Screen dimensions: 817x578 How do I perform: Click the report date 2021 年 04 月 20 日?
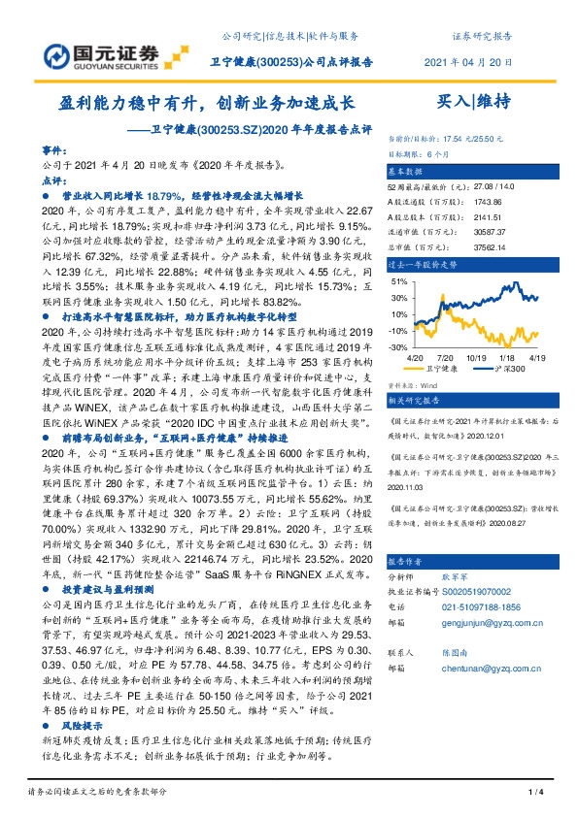click(469, 63)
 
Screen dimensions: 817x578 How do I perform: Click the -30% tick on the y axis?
click(397, 346)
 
